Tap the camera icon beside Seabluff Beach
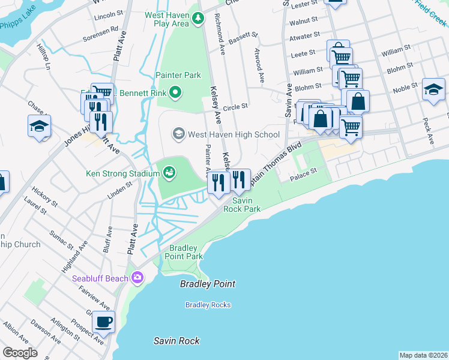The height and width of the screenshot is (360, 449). point(137,278)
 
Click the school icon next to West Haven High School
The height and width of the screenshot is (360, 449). point(178,133)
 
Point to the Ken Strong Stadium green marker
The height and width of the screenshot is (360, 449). point(169,173)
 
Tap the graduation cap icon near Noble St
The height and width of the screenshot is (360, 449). point(433,90)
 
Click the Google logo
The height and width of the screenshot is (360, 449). point(20,352)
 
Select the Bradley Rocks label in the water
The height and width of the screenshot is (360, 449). point(208,305)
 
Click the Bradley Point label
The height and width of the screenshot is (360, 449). point(208,284)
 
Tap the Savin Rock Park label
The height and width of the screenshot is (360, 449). point(242,205)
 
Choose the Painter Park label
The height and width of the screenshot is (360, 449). point(178,75)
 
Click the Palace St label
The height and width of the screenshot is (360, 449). point(303,173)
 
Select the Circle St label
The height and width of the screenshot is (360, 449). point(235,107)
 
